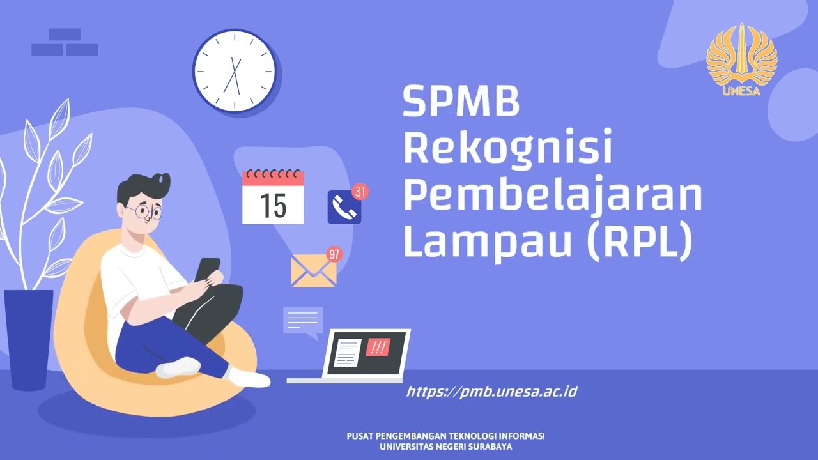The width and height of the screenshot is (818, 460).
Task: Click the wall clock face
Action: (x=234, y=71)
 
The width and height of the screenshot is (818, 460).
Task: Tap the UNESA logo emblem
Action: (x=741, y=57)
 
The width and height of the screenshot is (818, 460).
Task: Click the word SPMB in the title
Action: (x=461, y=102)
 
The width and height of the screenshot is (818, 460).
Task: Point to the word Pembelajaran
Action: (x=552, y=195)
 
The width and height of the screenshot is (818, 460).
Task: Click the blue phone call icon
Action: (x=344, y=207)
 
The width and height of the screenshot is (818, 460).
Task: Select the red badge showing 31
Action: (x=360, y=191)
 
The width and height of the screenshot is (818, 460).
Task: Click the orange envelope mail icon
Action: (x=313, y=272)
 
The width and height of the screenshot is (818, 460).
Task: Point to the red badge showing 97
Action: (x=334, y=254)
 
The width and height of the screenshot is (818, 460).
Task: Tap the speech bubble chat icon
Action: (x=303, y=321)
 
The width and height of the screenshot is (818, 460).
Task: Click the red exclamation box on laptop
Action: (x=378, y=347)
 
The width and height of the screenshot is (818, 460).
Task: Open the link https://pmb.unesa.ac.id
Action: (x=492, y=391)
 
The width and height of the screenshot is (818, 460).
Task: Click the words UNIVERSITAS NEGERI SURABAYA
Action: (x=445, y=447)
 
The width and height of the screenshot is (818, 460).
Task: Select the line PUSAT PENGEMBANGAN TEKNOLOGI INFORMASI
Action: (x=445, y=436)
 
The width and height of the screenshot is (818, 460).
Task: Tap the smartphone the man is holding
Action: (x=207, y=268)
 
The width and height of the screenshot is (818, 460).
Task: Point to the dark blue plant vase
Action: (x=29, y=339)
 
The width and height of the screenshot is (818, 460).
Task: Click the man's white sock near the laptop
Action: (x=249, y=378)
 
